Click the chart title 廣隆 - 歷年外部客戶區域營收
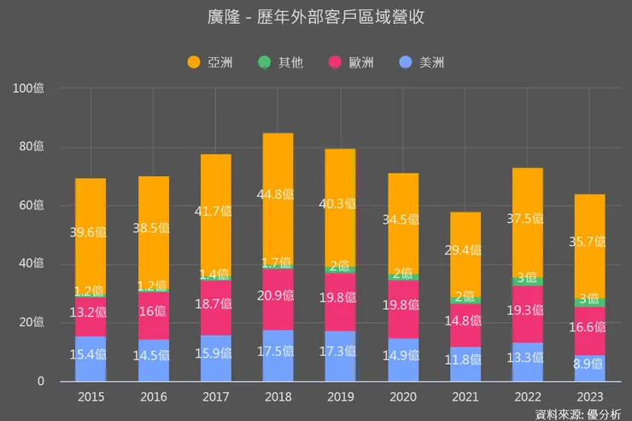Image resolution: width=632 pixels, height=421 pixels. point(316,17)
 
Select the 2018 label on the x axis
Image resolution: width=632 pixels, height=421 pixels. point(278,397)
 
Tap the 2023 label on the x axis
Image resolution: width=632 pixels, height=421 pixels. point(589,397)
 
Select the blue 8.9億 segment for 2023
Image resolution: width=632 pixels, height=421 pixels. point(589,368)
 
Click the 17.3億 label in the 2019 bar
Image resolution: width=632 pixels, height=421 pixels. point(340,351)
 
